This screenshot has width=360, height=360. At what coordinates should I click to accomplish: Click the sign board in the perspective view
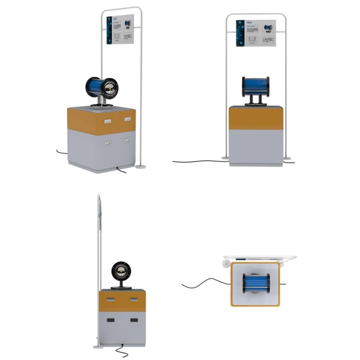[120, 29]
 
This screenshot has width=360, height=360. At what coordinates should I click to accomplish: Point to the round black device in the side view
[122, 271]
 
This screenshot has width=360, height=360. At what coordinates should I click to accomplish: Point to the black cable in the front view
[198, 161]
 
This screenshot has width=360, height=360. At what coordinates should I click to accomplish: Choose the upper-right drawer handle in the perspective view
[128, 119]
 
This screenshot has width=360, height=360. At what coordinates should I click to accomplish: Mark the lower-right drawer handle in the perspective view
[128, 140]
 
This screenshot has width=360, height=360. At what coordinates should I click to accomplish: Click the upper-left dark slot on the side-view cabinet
[111, 299]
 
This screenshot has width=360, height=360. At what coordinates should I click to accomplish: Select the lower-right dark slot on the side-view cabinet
[133, 320]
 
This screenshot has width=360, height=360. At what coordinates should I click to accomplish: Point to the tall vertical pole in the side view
[98, 270]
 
